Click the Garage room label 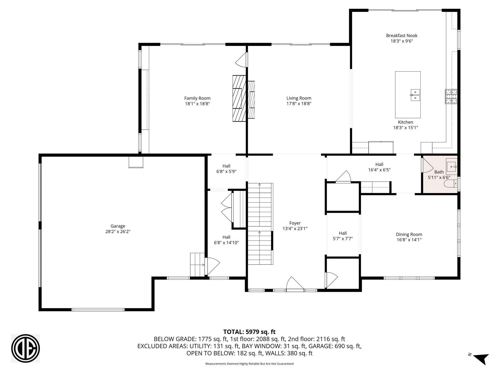[118, 226]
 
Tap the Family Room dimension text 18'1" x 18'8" [197, 104]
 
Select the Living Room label [299, 98]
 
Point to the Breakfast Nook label [402, 35]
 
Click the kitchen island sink [415, 95]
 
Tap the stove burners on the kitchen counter [451, 96]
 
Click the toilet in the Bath [450, 184]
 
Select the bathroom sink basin [451, 167]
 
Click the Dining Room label [409, 234]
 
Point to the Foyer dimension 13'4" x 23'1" [295, 229]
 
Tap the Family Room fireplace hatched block [239, 98]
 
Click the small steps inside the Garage [197, 265]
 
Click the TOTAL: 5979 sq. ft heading [249, 332]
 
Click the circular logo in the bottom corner [25, 348]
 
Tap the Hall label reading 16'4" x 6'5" [379, 170]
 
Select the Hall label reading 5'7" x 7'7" [343, 239]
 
